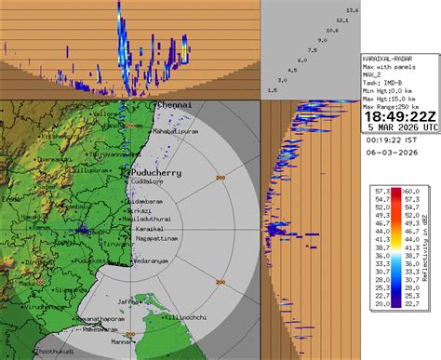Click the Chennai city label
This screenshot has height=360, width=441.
tap(173, 106)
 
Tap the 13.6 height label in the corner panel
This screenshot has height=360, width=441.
tap(353, 9)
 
